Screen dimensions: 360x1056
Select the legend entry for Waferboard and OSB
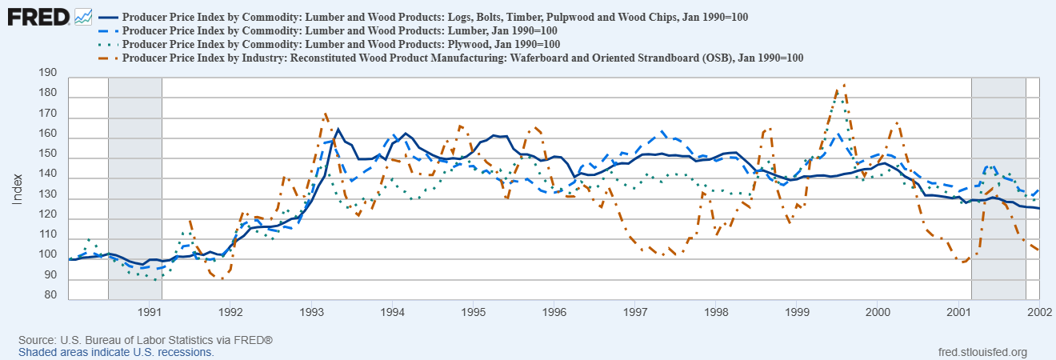click(463, 58)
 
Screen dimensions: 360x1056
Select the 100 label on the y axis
click(47, 255)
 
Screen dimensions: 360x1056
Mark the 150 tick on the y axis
click(47, 154)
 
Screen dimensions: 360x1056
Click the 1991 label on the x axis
click(150, 310)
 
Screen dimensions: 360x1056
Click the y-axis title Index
click(17, 189)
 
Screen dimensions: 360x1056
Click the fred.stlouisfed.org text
click(982, 352)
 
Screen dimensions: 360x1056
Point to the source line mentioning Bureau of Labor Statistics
click(146, 341)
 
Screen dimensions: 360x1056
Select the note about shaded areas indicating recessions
click(116, 352)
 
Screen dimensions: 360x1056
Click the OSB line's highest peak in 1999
click(843, 85)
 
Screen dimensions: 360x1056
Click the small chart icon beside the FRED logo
click(83, 16)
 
